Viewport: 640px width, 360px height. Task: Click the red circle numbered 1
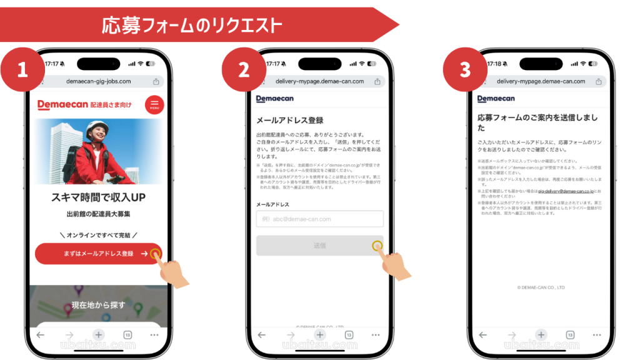tap(23, 69)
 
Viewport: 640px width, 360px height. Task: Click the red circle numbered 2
tap(244, 69)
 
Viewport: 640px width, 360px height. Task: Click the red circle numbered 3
tap(466, 69)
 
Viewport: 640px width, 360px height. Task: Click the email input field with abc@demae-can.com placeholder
tap(319, 219)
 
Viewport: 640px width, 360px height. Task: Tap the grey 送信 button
tap(319, 246)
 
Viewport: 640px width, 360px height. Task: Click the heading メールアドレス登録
tap(290, 120)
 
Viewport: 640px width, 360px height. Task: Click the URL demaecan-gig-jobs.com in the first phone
tap(99, 81)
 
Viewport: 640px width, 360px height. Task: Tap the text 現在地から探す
tap(98, 305)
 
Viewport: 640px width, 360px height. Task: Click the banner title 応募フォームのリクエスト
tap(191, 25)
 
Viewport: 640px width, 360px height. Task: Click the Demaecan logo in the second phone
tap(274, 99)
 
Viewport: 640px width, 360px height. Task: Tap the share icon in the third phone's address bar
tap(599, 81)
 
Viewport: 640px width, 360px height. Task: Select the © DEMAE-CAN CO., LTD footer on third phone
tap(541, 287)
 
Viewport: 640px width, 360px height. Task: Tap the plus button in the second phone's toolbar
tap(320, 335)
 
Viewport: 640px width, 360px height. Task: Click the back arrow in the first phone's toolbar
tap(41, 335)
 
